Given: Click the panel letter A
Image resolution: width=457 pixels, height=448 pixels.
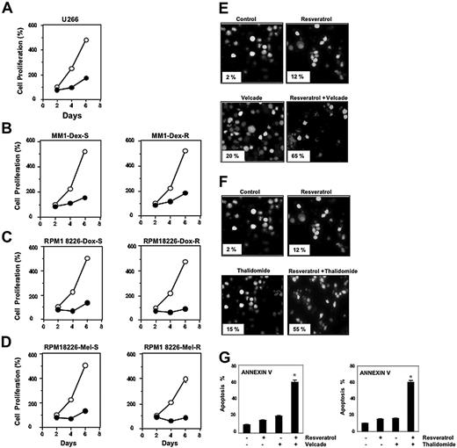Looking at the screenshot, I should pos(7,7).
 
